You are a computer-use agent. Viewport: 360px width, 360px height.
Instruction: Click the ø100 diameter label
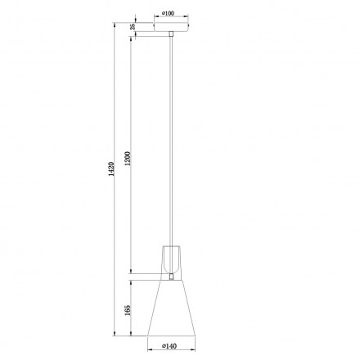pyautogui.click(x=170, y=14)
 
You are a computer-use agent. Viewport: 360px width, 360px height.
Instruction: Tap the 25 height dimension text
pyautogui.click(x=133, y=27)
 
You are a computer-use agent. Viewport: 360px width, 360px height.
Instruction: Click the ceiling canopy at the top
pyautogui.click(x=171, y=26)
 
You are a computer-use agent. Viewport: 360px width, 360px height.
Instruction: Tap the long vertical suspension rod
pyautogui.click(x=171, y=139)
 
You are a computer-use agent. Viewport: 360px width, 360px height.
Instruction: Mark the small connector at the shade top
pyautogui.click(x=171, y=277)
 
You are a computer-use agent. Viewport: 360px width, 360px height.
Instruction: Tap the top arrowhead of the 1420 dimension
pyautogui.click(x=113, y=24)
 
